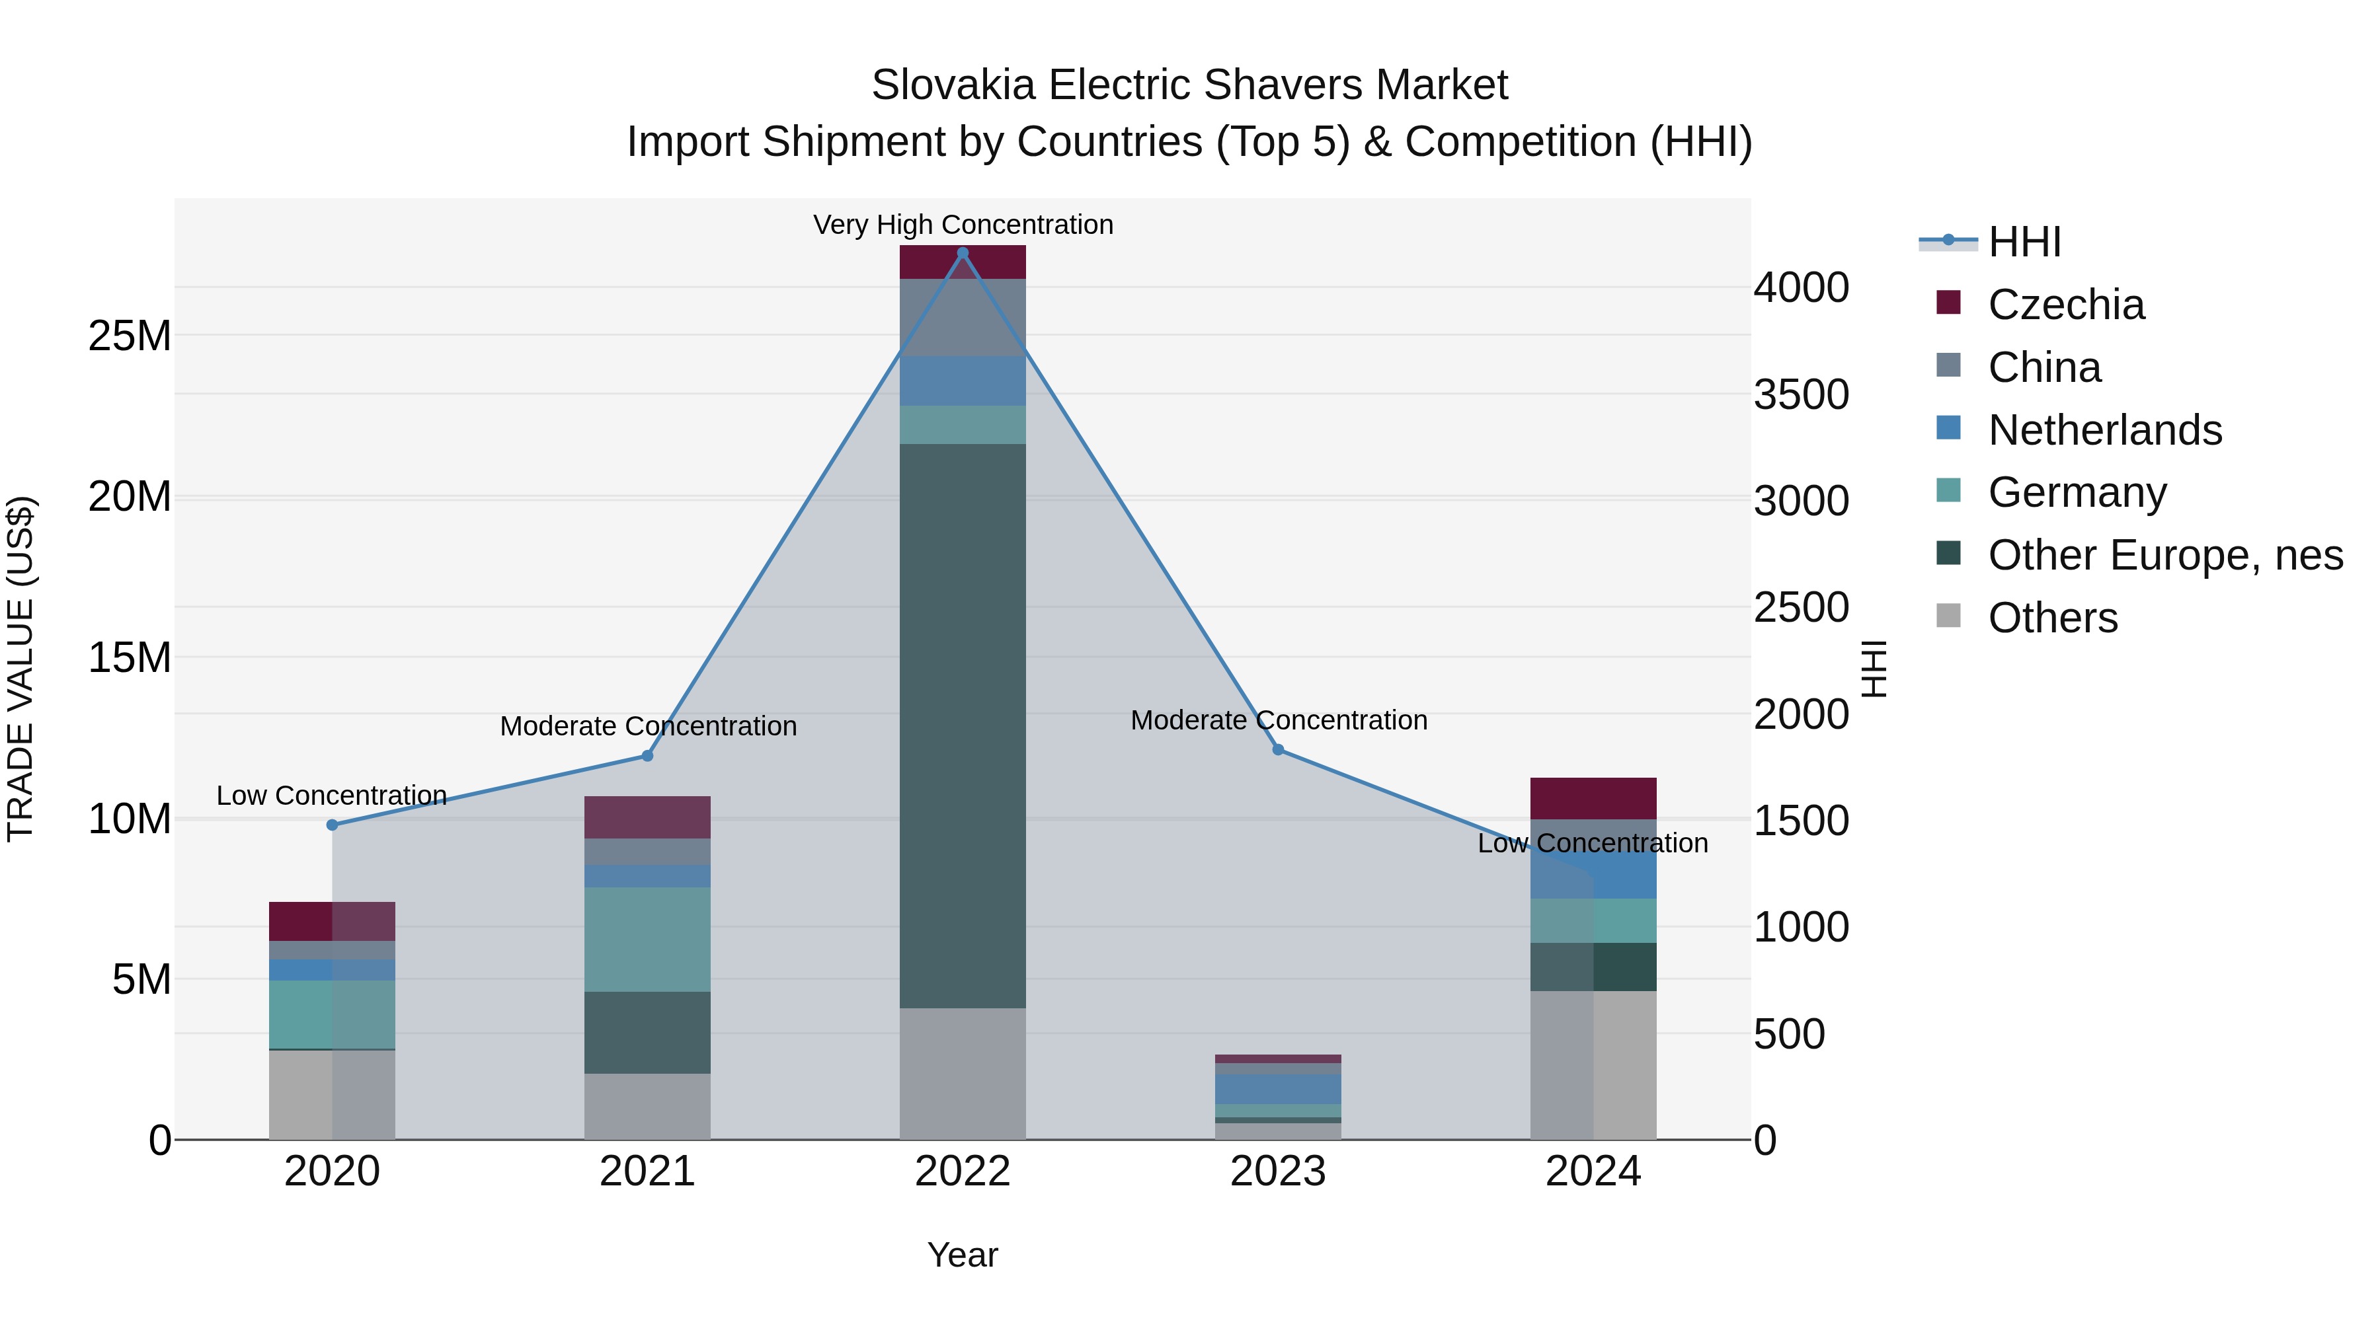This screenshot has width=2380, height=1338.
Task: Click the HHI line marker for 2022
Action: pyautogui.click(x=963, y=253)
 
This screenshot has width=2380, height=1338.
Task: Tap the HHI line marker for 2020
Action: pyautogui.click(x=333, y=825)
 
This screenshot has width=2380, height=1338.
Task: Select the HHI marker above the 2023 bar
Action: pyautogui.click(x=1278, y=750)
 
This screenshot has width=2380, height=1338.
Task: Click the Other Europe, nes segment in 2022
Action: pyautogui.click(x=963, y=725)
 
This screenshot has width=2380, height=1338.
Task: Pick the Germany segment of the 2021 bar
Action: pyautogui.click(x=648, y=939)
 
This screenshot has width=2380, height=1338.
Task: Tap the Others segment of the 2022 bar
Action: pyautogui.click(x=963, y=1073)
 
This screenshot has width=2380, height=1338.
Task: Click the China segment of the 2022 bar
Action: pyautogui.click(x=963, y=318)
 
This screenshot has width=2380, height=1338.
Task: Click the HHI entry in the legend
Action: pyautogui.click(x=2024, y=242)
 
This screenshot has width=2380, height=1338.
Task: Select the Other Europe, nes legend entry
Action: pyautogui.click(x=2164, y=555)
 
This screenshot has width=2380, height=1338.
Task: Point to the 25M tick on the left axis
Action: pyautogui.click(x=130, y=336)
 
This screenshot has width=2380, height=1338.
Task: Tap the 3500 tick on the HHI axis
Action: pyautogui.click(x=1801, y=394)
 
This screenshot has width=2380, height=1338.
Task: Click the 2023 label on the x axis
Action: pyautogui.click(x=1278, y=1171)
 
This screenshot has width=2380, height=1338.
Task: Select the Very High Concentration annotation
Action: pyautogui.click(x=963, y=225)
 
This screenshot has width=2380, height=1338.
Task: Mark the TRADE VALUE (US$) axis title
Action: pyautogui.click(x=20, y=669)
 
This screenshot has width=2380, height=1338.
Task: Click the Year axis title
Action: pyautogui.click(x=963, y=1255)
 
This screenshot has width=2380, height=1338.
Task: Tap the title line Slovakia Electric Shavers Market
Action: pyautogui.click(x=1189, y=85)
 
